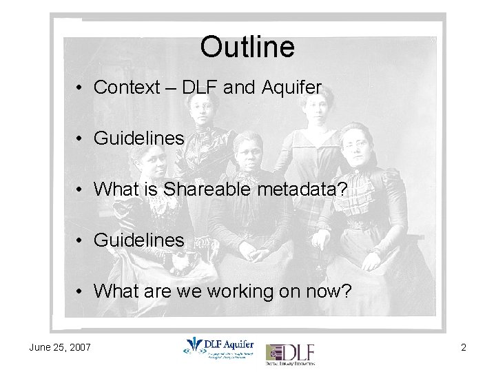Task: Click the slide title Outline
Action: point(247,47)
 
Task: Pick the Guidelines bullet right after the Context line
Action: point(138,138)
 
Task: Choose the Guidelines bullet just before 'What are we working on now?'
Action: point(138,240)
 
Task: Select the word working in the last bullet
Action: point(233,291)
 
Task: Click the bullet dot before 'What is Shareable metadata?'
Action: point(81,190)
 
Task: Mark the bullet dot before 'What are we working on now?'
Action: point(81,292)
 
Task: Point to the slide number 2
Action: point(464,347)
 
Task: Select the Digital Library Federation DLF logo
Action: point(290,353)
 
